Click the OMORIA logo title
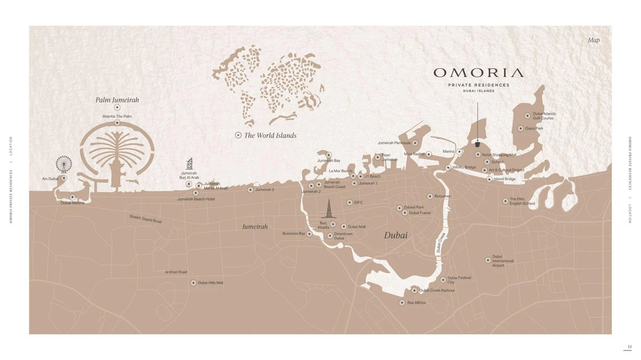click(x=478, y=73)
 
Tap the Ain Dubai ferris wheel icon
click(x=64, y=164)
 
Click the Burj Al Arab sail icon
click(x=189, y=163)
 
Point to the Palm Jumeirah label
click(x=117, y=100)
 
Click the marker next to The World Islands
click(x=238, y=136)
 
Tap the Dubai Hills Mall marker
click(x=193, y=283)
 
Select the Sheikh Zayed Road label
click(x=145, y=219)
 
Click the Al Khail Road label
click(x=176, y=272)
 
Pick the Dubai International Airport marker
click(x=488, y=260)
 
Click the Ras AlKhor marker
click(x=402, y=302)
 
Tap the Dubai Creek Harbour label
click(x=437, y=291)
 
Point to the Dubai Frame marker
click(x=405, y=213)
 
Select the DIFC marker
click(x=349, y=202)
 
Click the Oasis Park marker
click(x=520, y=128)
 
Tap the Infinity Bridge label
click(x=464, y=167)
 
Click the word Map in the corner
click(x=593, y=40)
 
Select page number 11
click(x=629, y=347)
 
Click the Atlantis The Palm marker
click(x=117, y=123)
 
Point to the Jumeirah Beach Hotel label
click(x=196, y=199)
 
